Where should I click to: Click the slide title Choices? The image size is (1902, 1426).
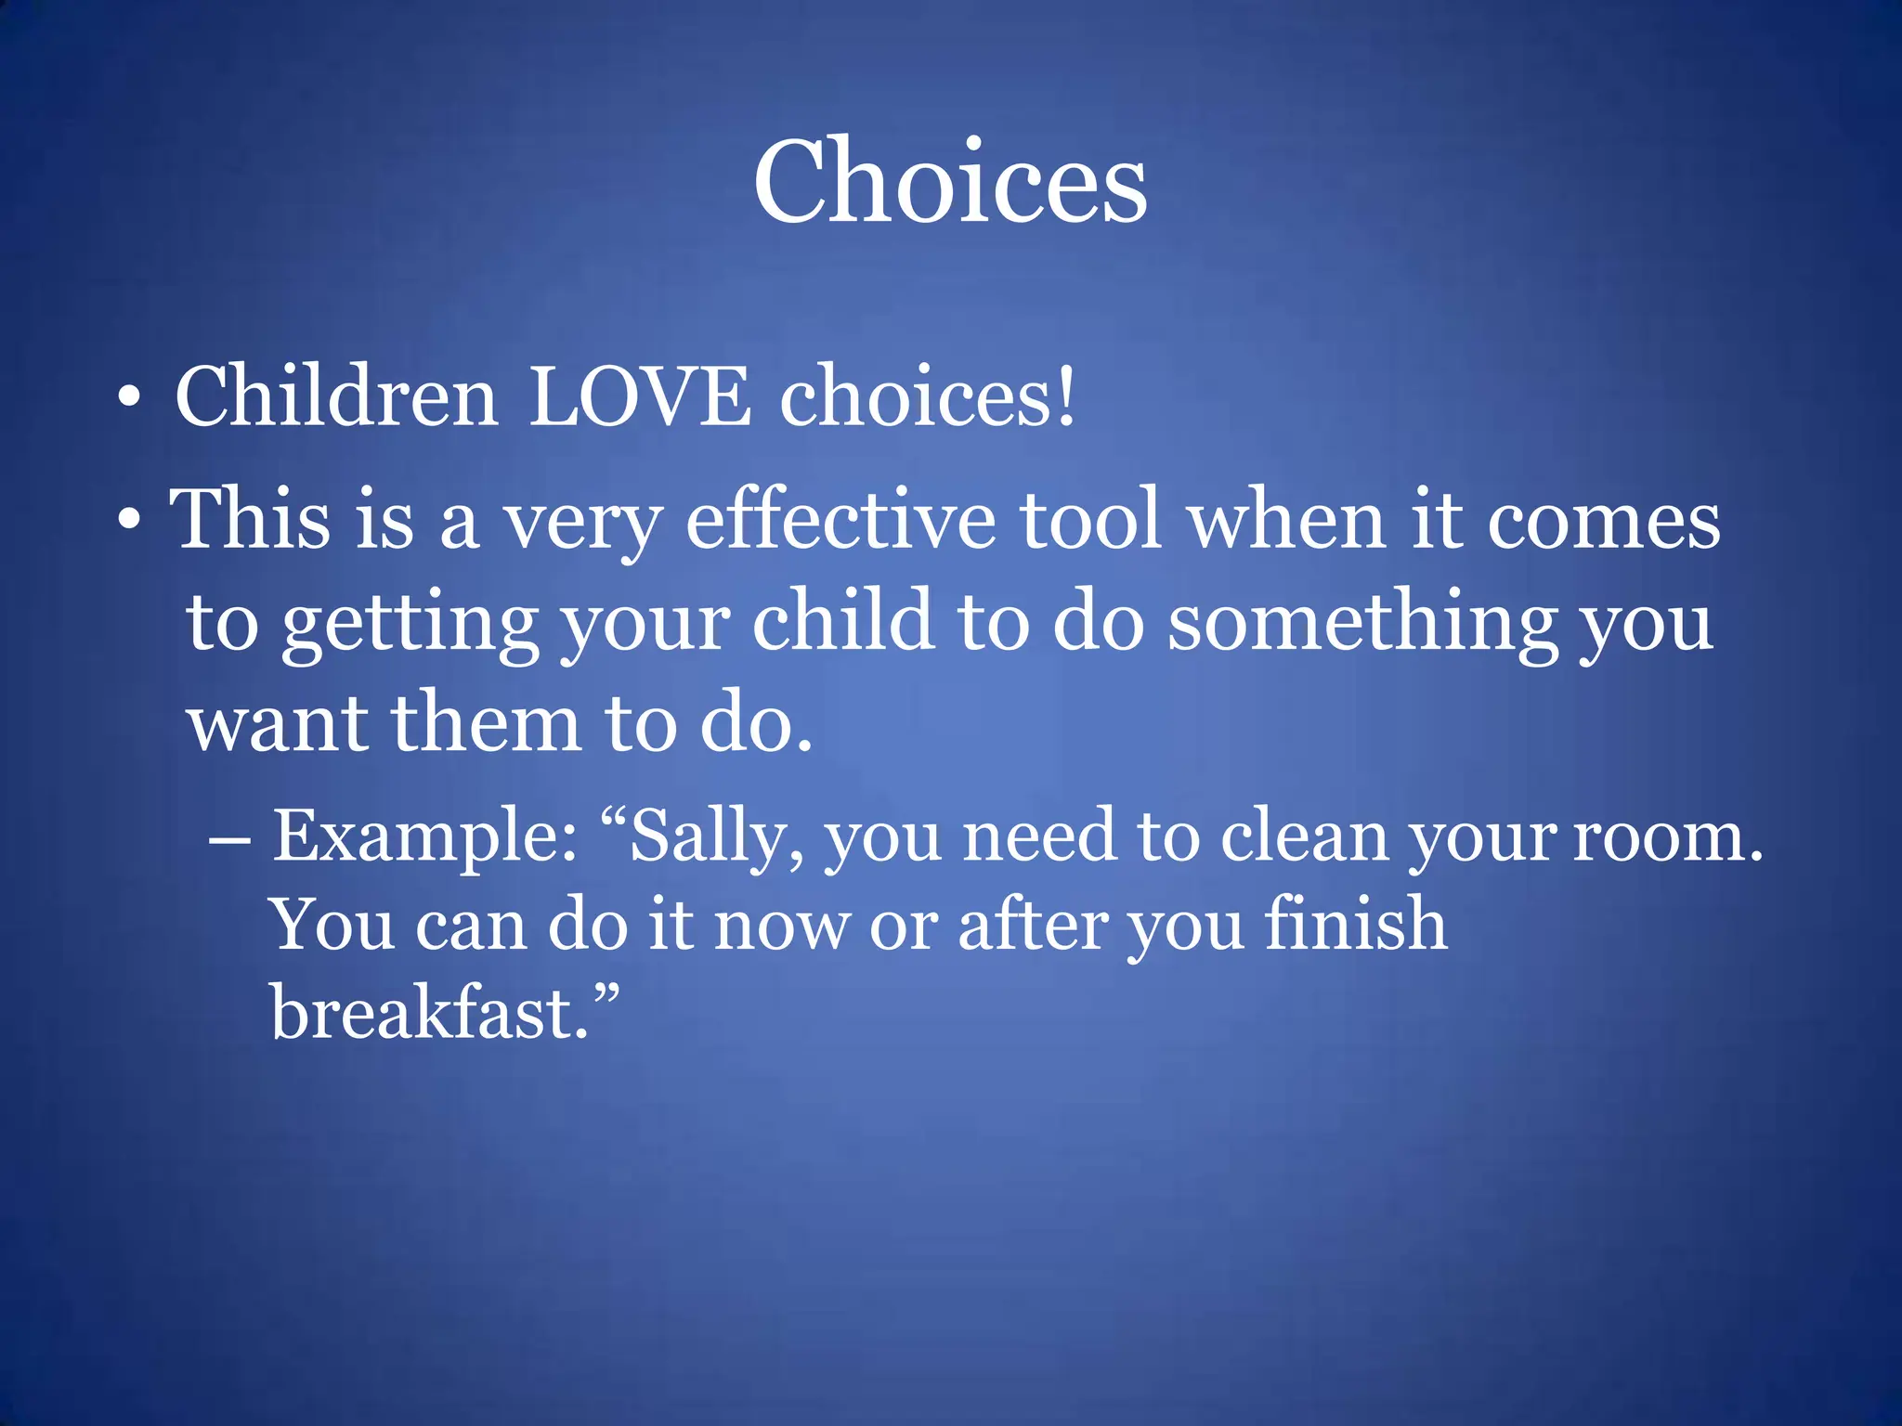[x=950, y=181]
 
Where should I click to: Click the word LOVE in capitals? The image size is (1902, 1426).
[x=640, y=397]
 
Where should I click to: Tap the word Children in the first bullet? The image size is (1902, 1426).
[x=336, y=397]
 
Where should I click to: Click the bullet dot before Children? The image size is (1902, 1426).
[x=130, y=400]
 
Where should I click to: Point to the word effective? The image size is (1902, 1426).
[x=840, y=520]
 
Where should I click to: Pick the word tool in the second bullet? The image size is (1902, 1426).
[x=1091, y=520]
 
